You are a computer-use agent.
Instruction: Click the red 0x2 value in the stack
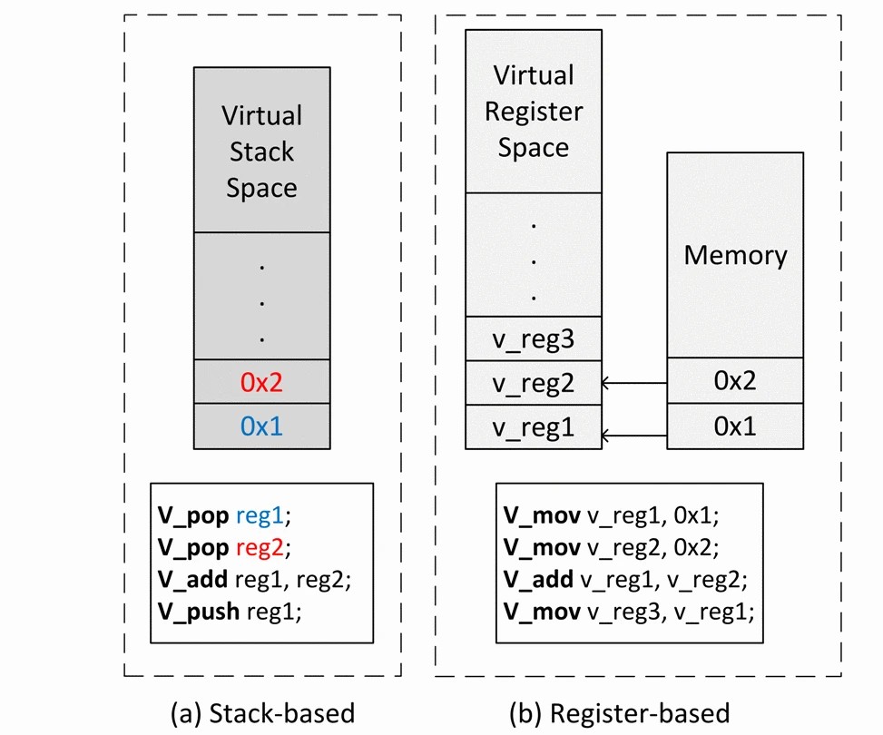261,382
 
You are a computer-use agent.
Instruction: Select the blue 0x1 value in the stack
261,426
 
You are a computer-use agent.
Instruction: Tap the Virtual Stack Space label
261,152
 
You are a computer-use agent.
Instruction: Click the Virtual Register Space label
534,111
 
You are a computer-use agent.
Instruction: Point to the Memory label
735,255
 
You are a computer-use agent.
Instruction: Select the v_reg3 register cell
534,339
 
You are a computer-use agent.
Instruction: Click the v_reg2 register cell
534,383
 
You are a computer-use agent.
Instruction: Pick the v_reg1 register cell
534,426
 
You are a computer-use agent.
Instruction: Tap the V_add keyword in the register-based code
539,579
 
